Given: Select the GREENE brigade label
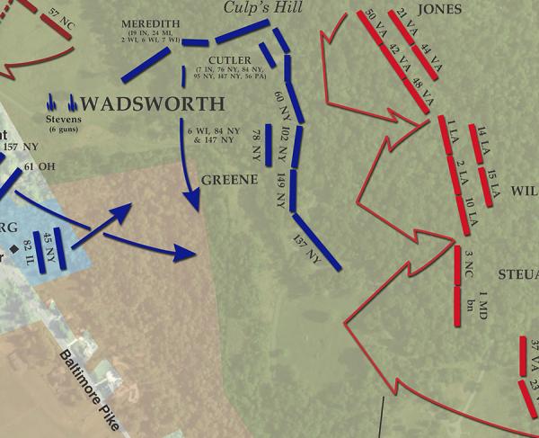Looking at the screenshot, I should click(x=223, y=179).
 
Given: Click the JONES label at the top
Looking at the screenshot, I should click(x=439, y=9).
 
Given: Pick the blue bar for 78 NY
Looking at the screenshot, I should click(x=267, y=143).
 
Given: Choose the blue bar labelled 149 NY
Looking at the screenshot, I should click(x=292, y=192).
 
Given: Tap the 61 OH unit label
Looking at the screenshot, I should click(x=41, y=167).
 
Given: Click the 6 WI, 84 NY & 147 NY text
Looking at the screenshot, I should click(x=211, y=135).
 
